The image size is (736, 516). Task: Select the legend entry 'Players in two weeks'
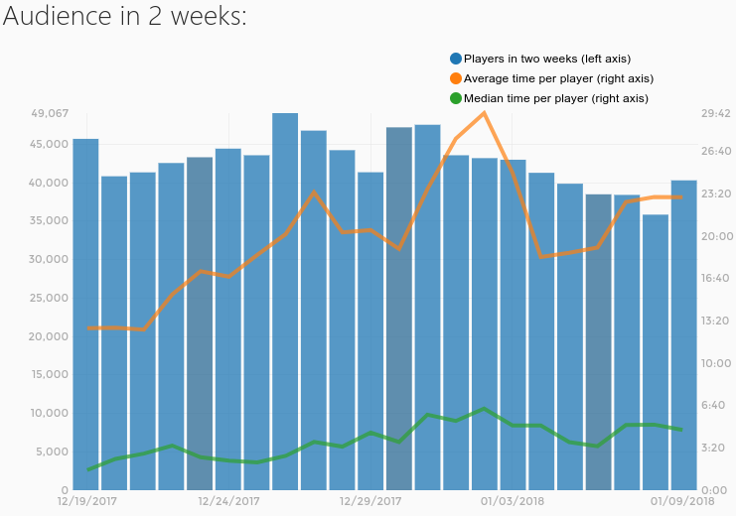546,59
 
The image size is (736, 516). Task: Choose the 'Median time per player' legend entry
555,98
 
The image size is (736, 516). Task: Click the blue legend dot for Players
456,59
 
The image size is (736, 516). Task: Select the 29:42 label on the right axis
716,114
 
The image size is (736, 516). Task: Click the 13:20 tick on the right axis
716,321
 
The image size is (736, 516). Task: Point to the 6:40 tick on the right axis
716,405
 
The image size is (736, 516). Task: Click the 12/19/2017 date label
86,501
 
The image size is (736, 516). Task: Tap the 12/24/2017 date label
228,501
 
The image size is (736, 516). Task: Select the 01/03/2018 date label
513,501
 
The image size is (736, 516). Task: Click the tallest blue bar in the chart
285,298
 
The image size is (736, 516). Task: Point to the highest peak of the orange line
484,112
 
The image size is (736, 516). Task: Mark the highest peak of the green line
484,409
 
